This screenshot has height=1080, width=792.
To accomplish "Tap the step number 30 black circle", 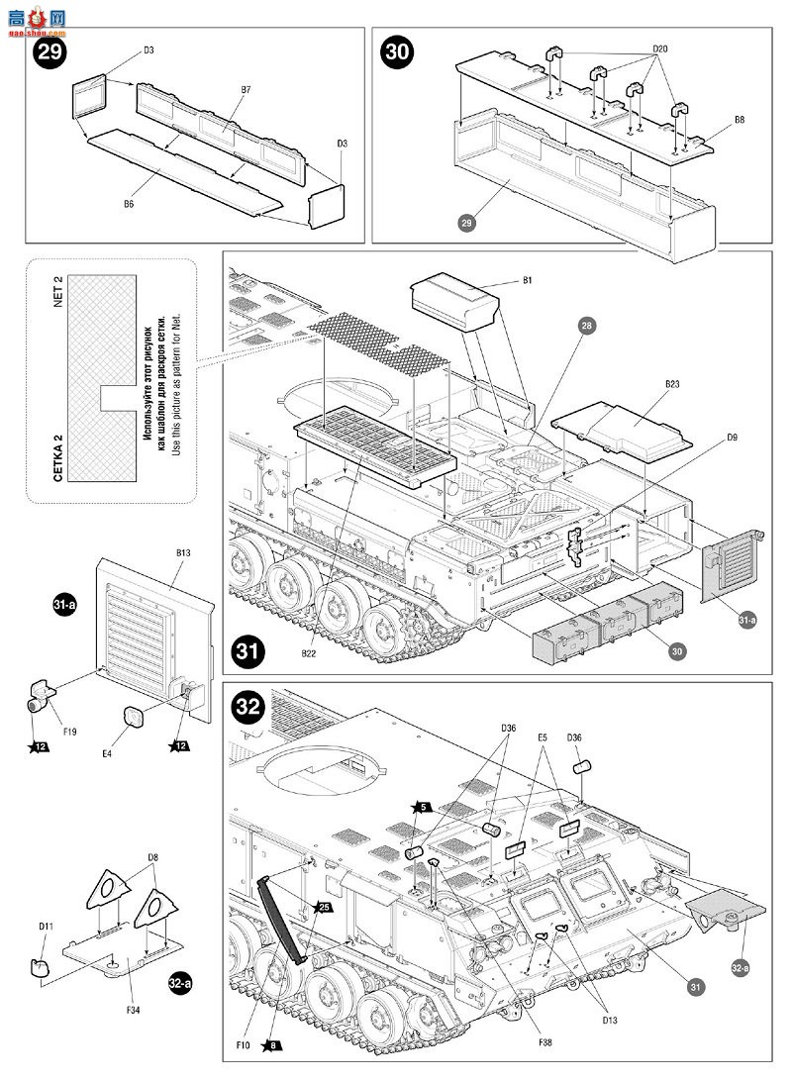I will point(396,51).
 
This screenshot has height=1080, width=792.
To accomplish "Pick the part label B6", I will point(129,204).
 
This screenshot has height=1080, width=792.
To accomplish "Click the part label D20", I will point(660,49).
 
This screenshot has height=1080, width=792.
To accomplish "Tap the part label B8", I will point(740,120).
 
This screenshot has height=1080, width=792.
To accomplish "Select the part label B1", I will point(528,281).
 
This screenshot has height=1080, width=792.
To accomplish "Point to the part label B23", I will point(671,382).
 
